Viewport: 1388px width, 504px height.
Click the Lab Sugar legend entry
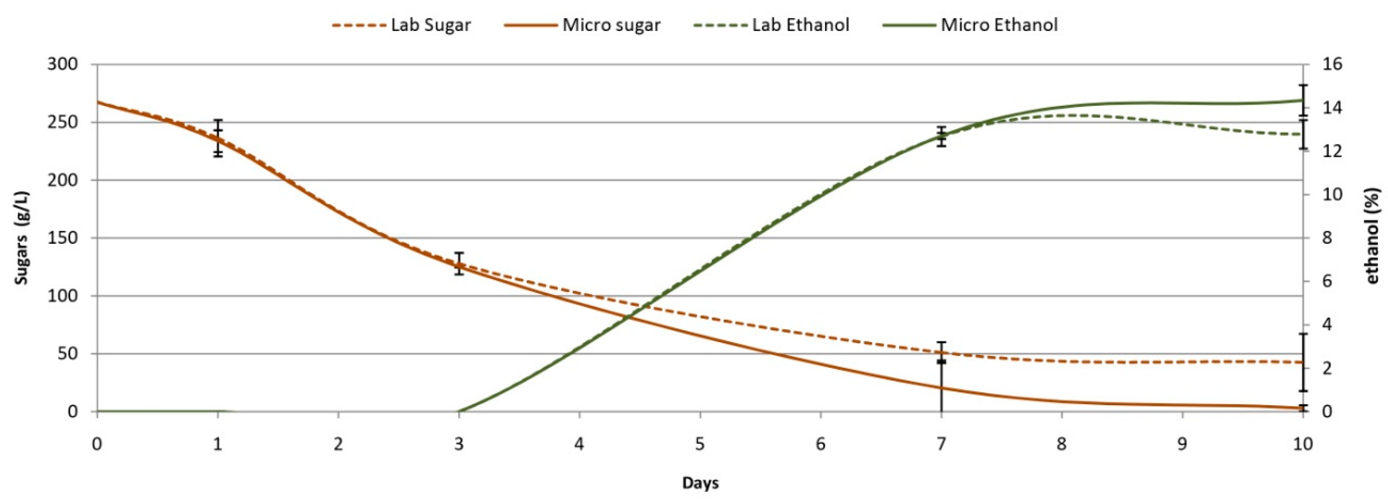coord(401,25)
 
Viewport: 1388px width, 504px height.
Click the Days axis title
coord(700,483)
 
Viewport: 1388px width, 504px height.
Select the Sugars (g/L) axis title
coord(21,238)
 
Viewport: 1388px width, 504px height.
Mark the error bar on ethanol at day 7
coord(941,136)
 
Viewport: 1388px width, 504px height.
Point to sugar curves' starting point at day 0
coord(98,102)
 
